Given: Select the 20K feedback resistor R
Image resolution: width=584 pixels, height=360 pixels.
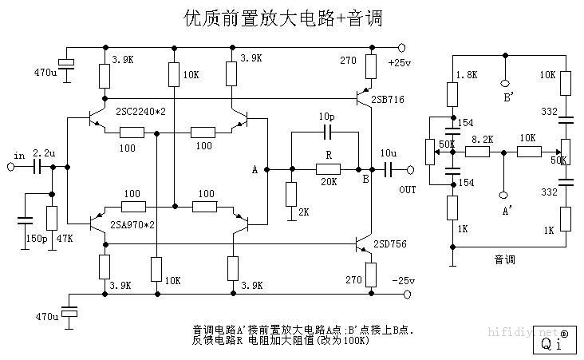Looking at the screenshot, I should point(328,168).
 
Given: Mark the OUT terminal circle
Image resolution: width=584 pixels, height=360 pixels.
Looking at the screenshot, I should point(410,169).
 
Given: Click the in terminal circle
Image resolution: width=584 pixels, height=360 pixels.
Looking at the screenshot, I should point(11,168).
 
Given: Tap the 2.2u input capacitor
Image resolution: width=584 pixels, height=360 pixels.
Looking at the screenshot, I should point(37,168).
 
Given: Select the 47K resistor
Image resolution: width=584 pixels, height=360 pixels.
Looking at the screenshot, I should point(53,217).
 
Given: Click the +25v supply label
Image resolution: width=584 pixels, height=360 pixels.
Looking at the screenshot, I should point(399,62).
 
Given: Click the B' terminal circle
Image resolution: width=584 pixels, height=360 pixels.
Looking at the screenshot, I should point(503,83).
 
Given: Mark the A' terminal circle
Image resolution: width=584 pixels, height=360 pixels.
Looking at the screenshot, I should point(503,193).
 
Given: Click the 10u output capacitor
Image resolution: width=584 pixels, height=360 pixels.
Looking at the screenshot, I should point(388,168).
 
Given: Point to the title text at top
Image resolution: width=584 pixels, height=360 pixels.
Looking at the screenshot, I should point(278,18).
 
